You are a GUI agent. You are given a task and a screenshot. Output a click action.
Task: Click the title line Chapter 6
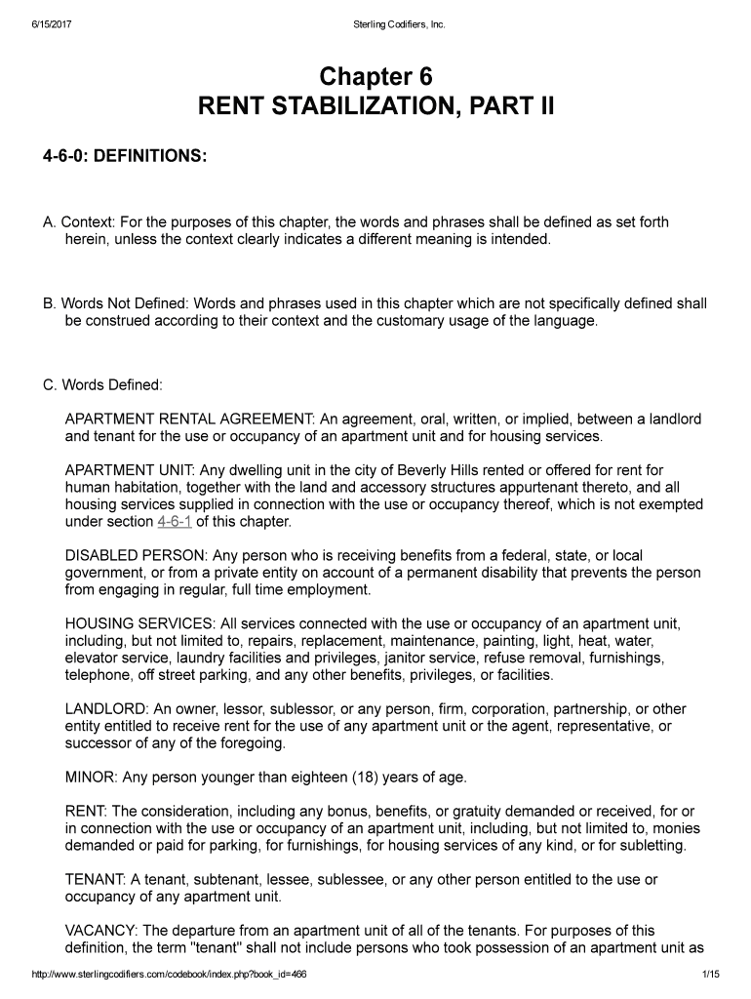click(375, 77)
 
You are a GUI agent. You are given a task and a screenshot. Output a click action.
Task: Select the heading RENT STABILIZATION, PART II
click(375, 105)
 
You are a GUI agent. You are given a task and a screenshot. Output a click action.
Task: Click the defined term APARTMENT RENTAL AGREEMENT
click(185, 420)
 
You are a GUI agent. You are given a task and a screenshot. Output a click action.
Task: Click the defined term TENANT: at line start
click(93, 879)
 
